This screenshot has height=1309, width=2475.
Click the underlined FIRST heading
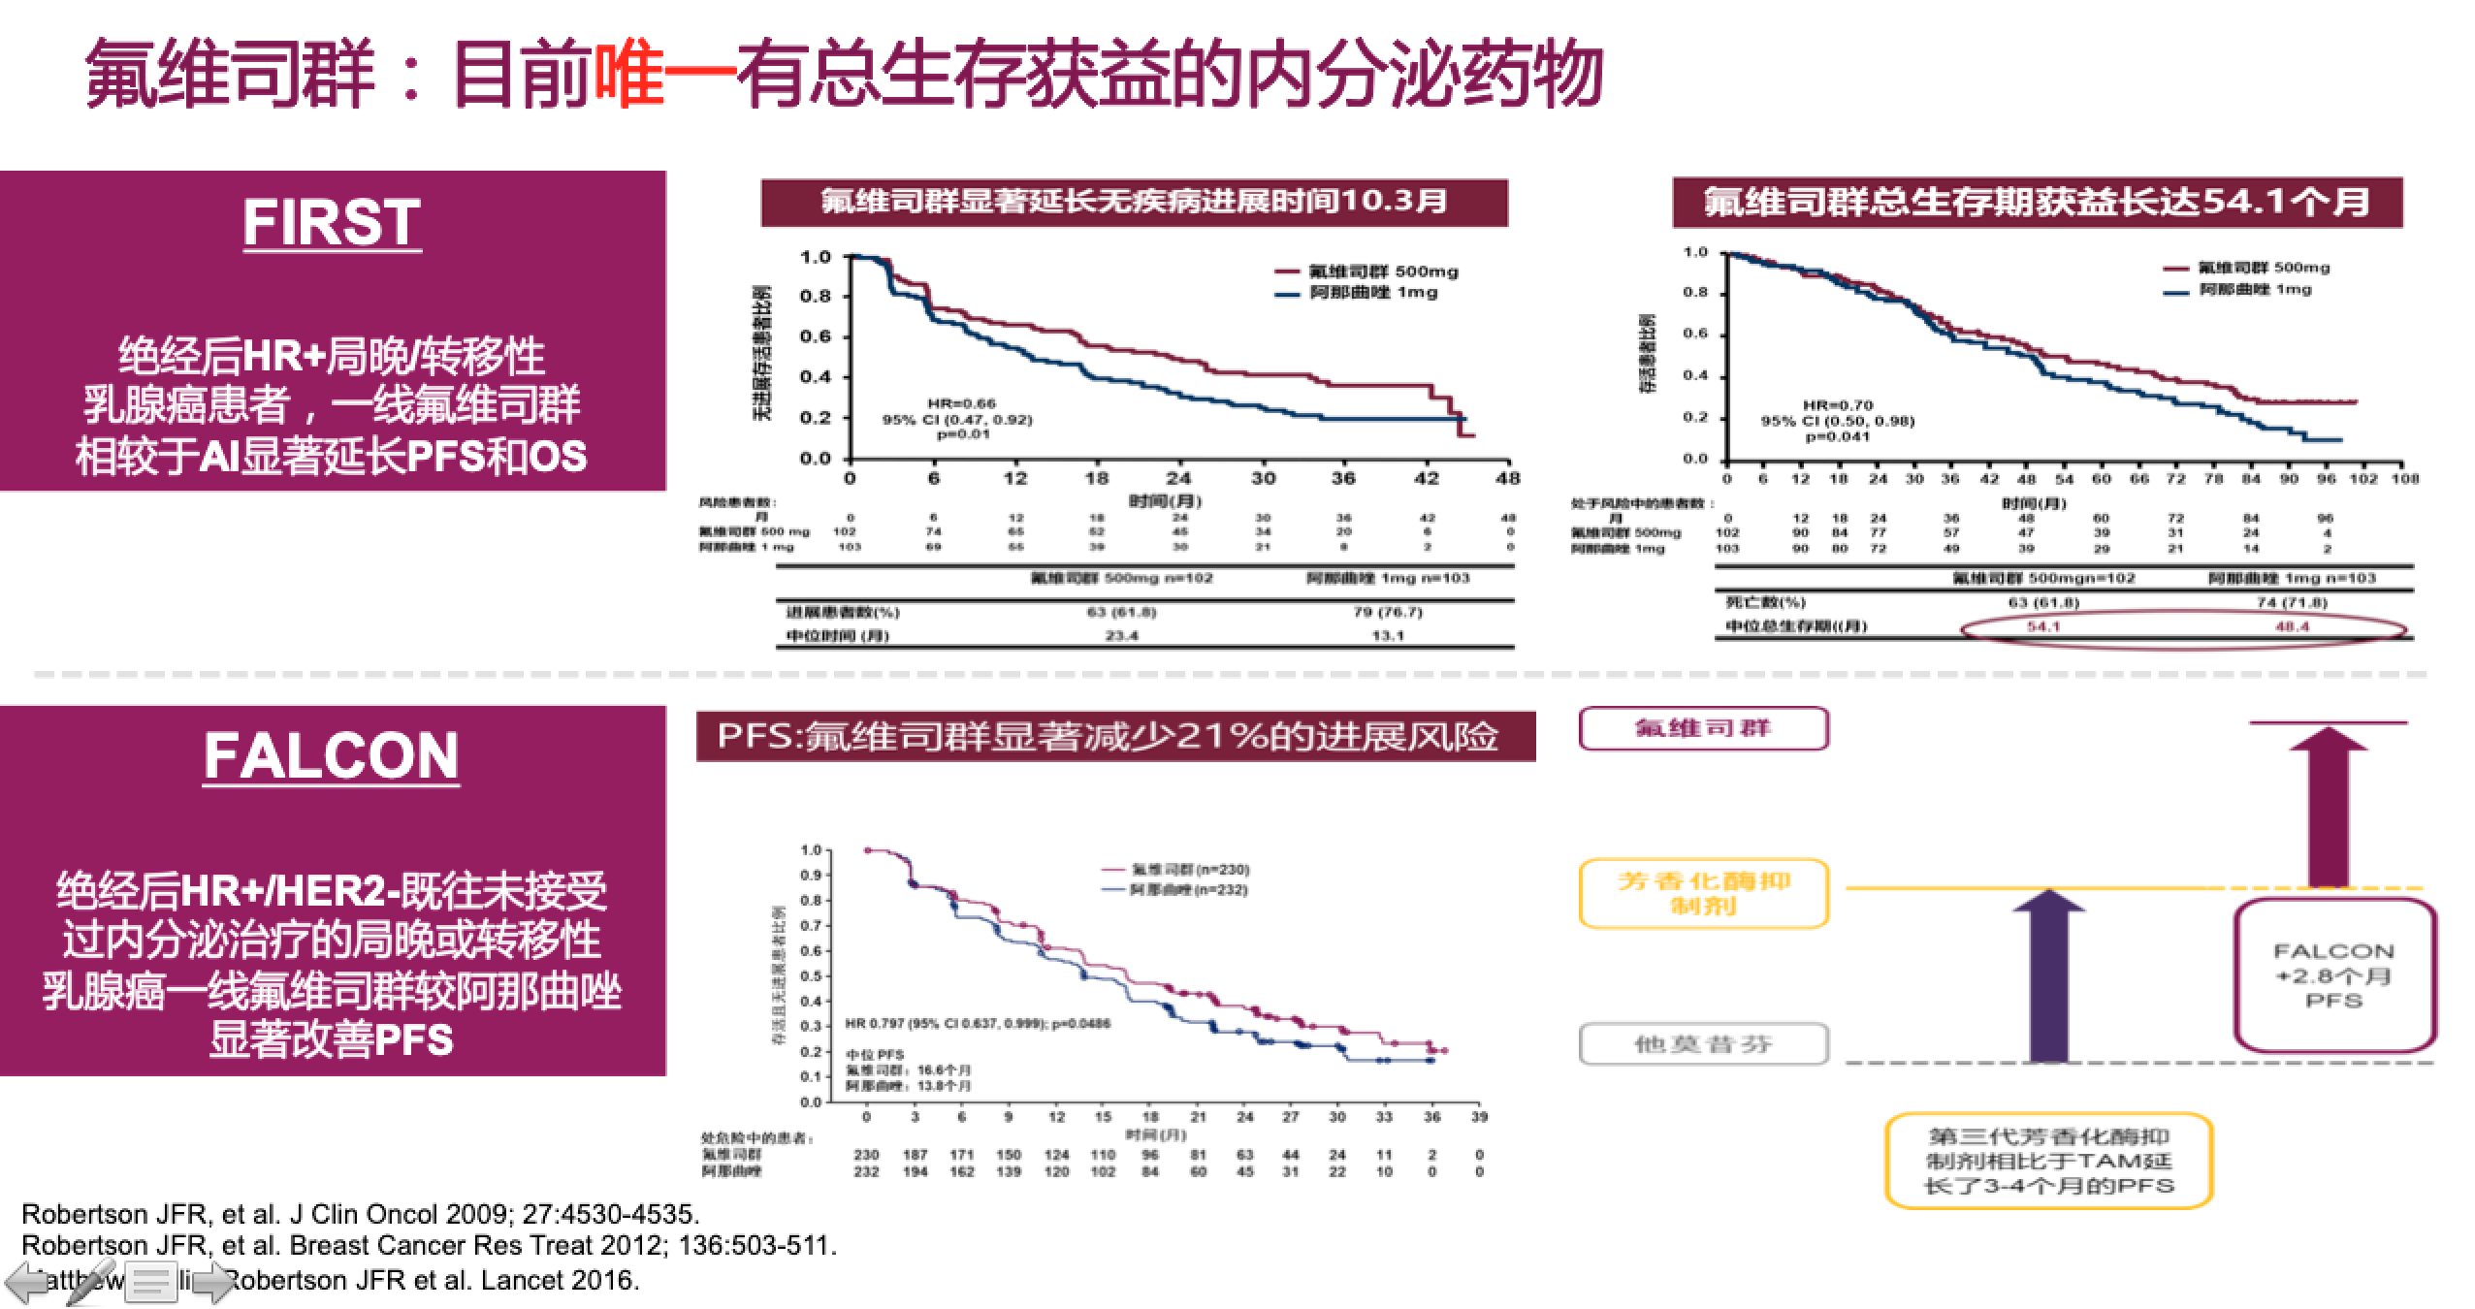coord(332,223)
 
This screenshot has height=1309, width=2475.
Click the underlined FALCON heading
coord(332,756)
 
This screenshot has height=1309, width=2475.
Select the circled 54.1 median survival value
coord(2042,626)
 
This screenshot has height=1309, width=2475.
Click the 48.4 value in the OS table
coord(2292,626)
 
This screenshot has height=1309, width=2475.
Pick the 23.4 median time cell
coord(1121,636)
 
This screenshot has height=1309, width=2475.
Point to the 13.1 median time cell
coord(1388,636)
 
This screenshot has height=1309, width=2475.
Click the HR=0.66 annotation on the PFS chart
coord(961,403)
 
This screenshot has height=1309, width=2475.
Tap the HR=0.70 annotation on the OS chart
coord(1838,405)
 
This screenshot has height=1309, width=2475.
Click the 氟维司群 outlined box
coord(1703,728)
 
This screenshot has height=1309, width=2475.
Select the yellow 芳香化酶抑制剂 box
coord(1703,894)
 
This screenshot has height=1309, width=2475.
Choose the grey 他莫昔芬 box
coord(1703,1044)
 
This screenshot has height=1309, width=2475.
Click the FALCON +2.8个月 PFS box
coord(2334,975)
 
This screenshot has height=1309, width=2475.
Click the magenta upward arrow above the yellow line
coord(2328,805)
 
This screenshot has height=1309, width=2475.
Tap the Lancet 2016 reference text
coord(436,1280)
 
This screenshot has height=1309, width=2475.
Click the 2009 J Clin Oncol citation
coord(360,1214)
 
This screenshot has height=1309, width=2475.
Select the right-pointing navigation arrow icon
coord(214,1283)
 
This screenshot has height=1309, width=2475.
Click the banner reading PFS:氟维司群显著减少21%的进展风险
coord(1115,737)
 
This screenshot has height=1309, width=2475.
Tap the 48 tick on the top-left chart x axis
coord(1508,478)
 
